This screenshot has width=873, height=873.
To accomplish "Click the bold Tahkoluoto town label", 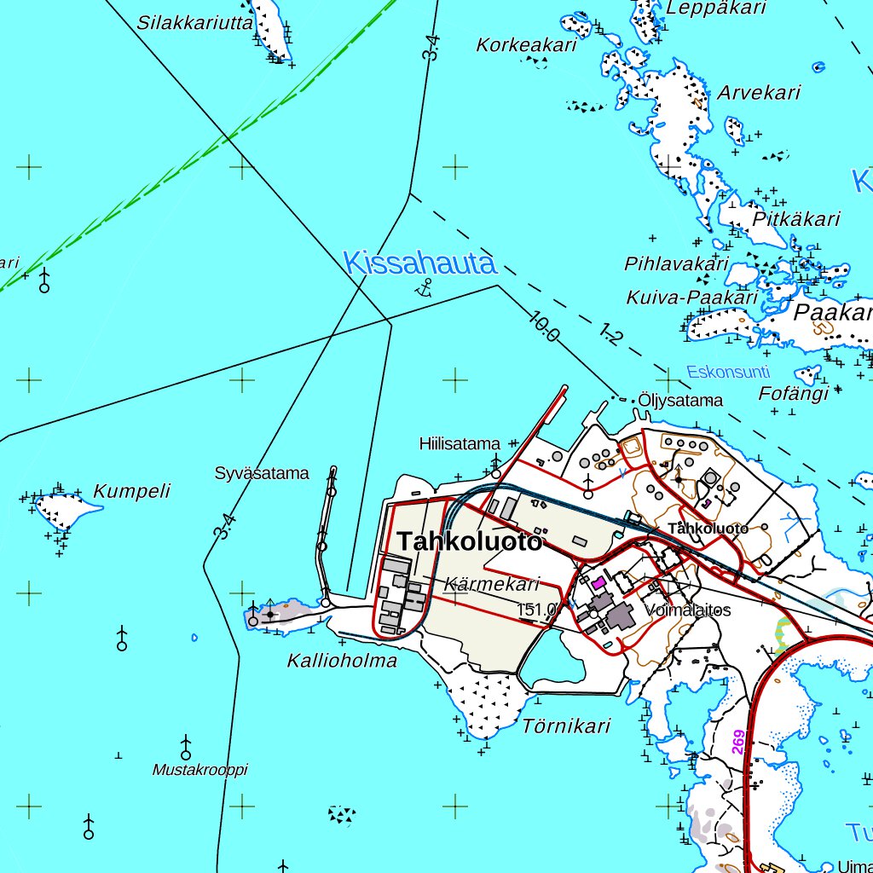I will click(469, 541).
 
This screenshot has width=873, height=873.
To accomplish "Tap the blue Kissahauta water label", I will click(419, 263).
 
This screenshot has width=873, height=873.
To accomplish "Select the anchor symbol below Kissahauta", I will click(423, 287).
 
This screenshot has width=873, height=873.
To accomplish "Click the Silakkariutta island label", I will click(194, 23).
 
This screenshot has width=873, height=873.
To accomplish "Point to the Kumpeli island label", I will click(131, 491).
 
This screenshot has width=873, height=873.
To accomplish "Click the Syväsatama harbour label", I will click(262, 473).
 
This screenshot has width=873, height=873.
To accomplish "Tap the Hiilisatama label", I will click(460, 443).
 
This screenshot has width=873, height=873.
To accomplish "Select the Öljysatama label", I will click(680, 400).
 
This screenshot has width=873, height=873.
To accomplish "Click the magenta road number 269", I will click(738, 741).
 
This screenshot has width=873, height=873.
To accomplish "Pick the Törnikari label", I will click(566, 726).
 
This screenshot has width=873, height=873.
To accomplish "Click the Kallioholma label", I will click(342, 660).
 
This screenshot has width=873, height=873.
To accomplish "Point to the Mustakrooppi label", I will click(199, 770).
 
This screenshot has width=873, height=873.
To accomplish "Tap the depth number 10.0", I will click(544, 327).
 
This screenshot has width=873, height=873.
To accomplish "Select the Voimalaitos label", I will click(689, 610).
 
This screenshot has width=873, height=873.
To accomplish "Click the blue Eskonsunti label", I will click(728, 372).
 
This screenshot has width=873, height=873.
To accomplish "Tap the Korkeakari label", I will click(527, 45).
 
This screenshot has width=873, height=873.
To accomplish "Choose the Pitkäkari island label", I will click(797, 219).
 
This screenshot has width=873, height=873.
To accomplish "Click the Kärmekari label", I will click(492, 584).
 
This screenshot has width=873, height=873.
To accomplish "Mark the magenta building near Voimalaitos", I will click(598, 582).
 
